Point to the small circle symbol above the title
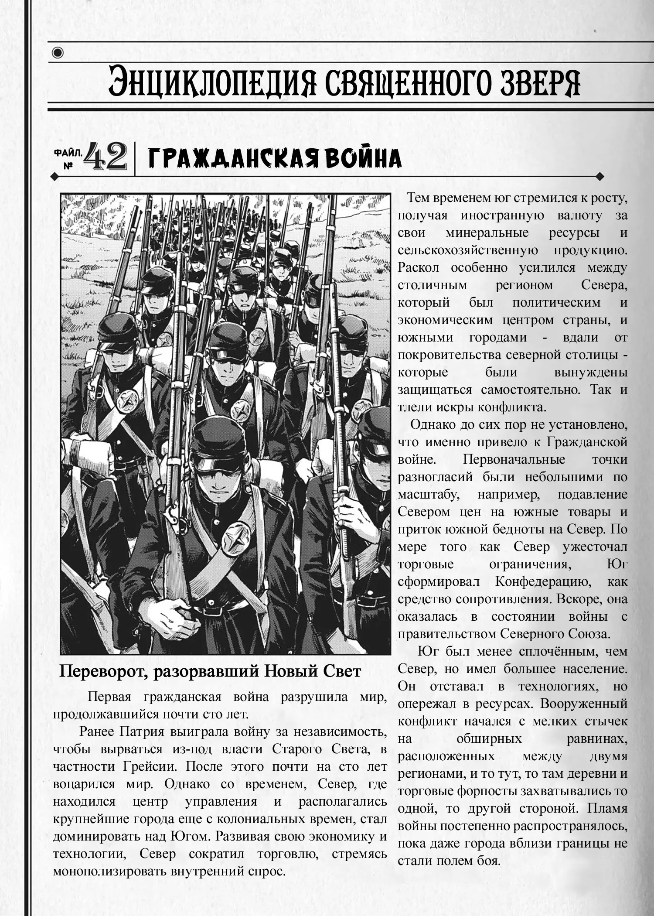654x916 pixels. click(58, 53)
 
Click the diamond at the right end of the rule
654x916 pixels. click(599, 177)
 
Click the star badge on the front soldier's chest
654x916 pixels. click(236, 540)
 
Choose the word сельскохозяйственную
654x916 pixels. click(468, 250)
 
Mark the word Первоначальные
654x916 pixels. click(514, 460)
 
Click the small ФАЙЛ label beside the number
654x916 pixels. click(67, 153)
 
